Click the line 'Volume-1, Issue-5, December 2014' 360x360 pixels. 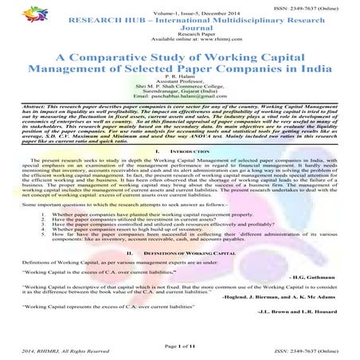click(181, 14)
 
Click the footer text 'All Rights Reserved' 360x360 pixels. click(76, 350)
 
